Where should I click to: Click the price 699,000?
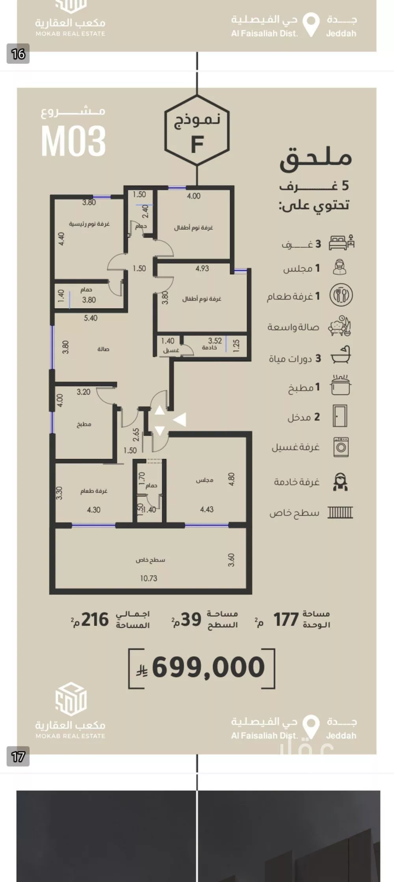(x=208, y=667)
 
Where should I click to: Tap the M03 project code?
(x=74, y=140)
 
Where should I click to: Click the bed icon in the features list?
(x=342, y=242)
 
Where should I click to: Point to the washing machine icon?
(x=341, y=447)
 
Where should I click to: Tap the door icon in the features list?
(x=340, y=416)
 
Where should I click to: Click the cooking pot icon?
(x=341, y=385)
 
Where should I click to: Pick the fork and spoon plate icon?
(x=341, y=295)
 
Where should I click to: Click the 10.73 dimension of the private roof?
(x=149, y=578)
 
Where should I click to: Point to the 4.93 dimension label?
(x=202, y=268)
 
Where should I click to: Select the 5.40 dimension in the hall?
(x=91, y=318)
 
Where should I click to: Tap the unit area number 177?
(x=286, y=620)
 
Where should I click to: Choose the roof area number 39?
(x=191, y=620)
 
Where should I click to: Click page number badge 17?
(x=18, y=757)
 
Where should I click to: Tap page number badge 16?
(x=18, y=54)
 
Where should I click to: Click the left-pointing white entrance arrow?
(x=180, y=420)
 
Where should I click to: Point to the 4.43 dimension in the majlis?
(x=207, y=510)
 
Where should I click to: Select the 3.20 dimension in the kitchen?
(x=84, y=392)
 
